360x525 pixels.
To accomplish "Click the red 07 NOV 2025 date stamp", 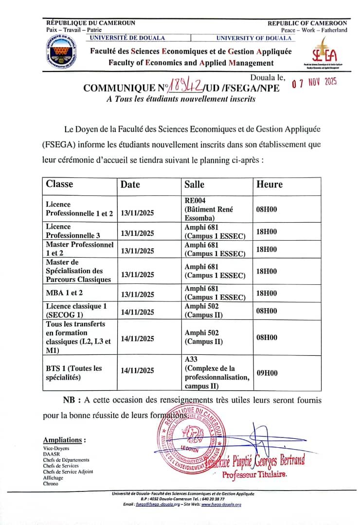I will pyautogui.click(x=314, y=82).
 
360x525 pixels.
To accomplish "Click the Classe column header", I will pyautogui.click(x=59, y=184).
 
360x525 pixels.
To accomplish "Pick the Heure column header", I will pyautogui.click(x=269, y=184).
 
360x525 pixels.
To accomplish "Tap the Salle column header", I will pyautogui.click(x=194, y=184).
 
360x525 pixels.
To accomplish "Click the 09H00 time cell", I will pyautogui.click(x=267, y=373).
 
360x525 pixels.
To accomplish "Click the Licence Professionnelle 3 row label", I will pyautogui.click(x=72, y=231).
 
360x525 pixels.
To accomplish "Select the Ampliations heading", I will pyautogui.click(x=64, y=440).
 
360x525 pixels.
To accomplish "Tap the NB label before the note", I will pyautogui.click(x=72, y=400).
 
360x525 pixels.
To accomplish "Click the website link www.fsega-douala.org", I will pyautogui.click(x=221, y=505).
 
